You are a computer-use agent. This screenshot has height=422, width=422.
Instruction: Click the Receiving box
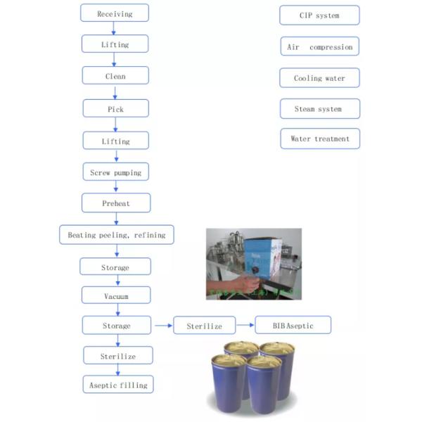click(x=115, y=13)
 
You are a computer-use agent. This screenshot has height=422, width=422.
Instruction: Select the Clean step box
click(x=115, y=76)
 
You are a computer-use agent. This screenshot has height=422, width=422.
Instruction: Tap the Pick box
click(x=115, y=109)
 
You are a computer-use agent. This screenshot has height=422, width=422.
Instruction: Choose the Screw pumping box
click(x=115, y=172)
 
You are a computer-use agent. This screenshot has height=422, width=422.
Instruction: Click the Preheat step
click(x=115, y=203)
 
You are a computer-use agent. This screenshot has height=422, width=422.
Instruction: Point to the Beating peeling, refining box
click(x=116, y=235)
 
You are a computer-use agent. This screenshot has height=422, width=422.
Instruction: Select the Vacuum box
click(x=115, y=296)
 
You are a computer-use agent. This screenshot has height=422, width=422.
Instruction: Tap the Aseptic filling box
click(x=117, y=385)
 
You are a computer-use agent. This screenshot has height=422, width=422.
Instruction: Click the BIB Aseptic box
click(x=293, y=326)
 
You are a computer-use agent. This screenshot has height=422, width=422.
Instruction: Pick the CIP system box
click(x=319, y=15)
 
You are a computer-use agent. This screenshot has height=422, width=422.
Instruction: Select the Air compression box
click(x=319, y=47)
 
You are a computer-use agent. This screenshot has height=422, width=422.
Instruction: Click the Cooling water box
click(x=319, y=78)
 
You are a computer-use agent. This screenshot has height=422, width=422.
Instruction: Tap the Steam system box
click(x=319, y=109)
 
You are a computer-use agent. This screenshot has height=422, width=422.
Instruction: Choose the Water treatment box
click(x=319, y=139)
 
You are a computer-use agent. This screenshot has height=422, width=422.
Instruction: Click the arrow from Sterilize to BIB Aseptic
click(x=244, y=326)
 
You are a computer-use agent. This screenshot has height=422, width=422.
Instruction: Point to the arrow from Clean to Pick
click(x=115, y=92)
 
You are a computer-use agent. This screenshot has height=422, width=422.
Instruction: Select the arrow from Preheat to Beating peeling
click(x=115, y=219)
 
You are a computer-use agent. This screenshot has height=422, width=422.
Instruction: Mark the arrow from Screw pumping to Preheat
click(x=115, y=188)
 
